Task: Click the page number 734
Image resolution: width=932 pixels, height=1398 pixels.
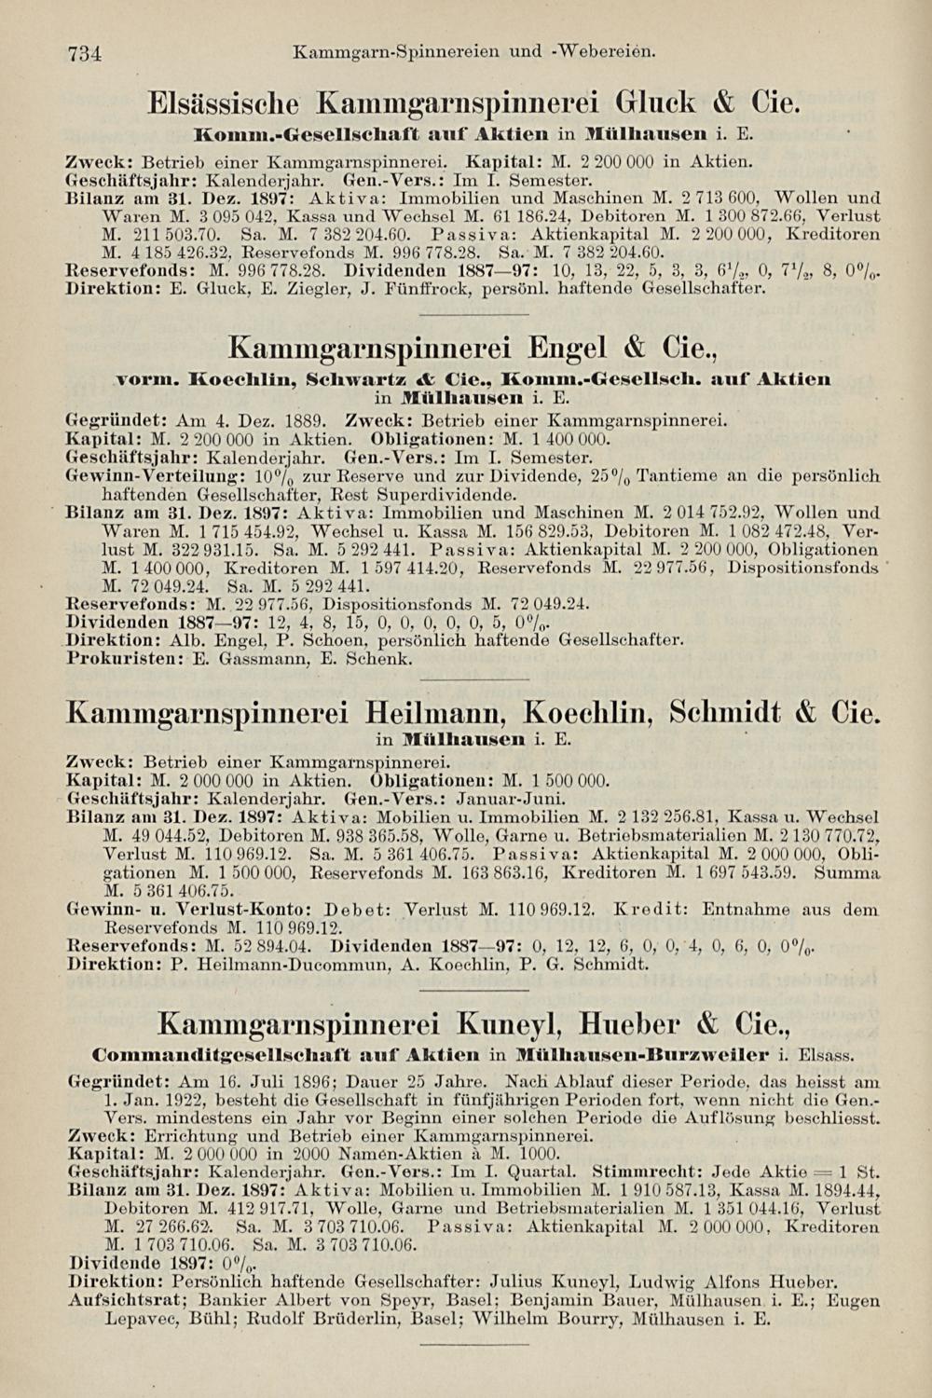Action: [x=84, y=53]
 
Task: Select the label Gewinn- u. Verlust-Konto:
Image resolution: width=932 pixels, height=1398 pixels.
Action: [x=192, y=909]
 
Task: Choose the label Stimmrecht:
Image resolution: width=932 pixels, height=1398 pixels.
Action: [x=648, y=1172]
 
